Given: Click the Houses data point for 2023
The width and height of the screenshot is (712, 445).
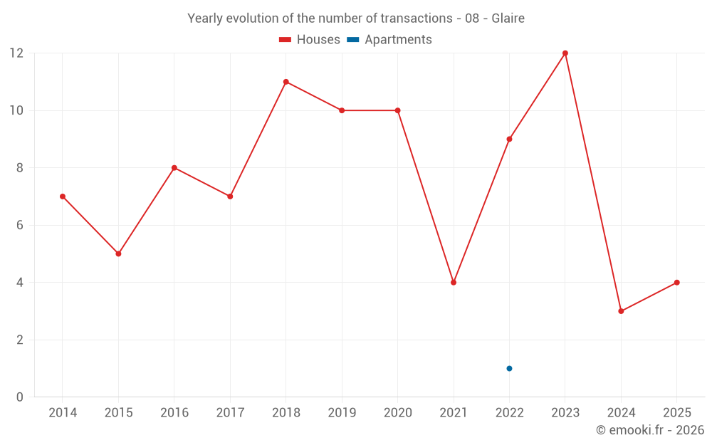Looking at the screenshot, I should tap(565, 53).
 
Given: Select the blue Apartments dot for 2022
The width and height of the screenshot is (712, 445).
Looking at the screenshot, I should tap(509, 368).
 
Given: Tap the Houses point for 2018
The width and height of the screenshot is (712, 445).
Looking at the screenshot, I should tap(286, 82).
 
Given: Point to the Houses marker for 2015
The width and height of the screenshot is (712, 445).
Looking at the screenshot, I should tap(118, 253).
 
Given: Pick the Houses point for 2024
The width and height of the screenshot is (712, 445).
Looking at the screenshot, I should tap(621, 311).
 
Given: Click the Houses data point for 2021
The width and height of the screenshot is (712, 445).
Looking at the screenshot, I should tap(454, 283).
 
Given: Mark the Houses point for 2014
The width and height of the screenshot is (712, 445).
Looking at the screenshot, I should tap(63, 197).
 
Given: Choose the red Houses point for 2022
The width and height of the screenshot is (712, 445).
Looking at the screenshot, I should tap(509, 139).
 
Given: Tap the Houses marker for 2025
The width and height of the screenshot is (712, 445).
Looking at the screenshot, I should tap(676, 283).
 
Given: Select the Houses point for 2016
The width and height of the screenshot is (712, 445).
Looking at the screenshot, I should tap(174, 168).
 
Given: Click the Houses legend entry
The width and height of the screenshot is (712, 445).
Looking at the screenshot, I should tap(310, 40).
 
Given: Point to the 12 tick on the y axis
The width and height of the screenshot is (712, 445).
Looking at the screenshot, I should tap(16, 53).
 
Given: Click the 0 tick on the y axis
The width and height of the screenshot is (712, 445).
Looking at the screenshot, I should tap(20, 397).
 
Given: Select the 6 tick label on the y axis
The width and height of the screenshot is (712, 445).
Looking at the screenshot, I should tap(20, 225).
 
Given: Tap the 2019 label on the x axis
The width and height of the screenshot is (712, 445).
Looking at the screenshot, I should tap(342, 413).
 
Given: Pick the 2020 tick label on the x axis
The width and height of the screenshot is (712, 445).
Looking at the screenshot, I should tap(397, 413).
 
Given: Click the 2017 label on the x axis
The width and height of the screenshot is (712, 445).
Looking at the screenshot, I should tap(230, 413).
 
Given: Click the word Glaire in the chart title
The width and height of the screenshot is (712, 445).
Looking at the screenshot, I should tap(508, 19).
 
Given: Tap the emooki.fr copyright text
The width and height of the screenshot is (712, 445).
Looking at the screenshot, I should tap(650, 430).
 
